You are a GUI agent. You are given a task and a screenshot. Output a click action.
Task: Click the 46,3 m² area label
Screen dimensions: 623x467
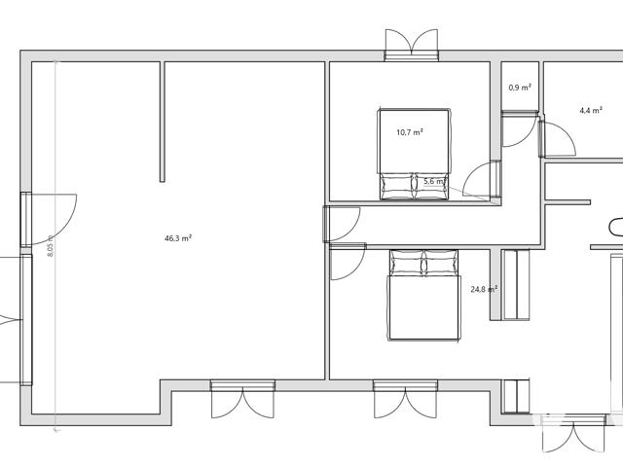click(x=178, y=238)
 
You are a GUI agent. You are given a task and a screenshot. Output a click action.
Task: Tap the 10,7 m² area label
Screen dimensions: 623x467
click(x=410, y=132)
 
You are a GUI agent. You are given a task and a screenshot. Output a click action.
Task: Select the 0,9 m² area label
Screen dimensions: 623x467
click(x=520, y=88)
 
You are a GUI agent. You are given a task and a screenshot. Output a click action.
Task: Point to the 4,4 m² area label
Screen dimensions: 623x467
click(x=591, y=110)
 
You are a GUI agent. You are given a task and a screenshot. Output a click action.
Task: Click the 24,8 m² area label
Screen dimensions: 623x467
click(x=484, y=289)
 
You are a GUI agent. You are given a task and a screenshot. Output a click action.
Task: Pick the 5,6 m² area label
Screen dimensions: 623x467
click(x=434, y=182)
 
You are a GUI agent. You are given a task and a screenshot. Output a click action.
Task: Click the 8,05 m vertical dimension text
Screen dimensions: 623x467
click(x=50, y=246)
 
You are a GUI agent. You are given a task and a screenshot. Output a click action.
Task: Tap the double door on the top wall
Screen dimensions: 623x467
click(x=412, y=45)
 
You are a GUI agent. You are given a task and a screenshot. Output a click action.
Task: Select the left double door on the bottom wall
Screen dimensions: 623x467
click(x=242, y=399)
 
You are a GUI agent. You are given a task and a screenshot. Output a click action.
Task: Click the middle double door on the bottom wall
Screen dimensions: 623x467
click(x=405, y=399)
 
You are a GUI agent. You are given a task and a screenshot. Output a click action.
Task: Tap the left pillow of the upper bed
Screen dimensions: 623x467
click(x=397, y=186)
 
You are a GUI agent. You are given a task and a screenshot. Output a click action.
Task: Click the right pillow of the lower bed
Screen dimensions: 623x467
click(x=441, y=263)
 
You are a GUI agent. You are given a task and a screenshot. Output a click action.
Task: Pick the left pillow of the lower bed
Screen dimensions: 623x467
click(x=407, y=263)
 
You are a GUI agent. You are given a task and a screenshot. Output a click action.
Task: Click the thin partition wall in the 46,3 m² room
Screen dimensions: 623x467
click(x=163, y=122)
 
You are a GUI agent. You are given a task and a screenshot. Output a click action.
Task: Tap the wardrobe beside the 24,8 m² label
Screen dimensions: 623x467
click(x=515, y=285)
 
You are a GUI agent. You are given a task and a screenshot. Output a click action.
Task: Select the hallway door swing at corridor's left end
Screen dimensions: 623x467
click(x=342, y=224)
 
